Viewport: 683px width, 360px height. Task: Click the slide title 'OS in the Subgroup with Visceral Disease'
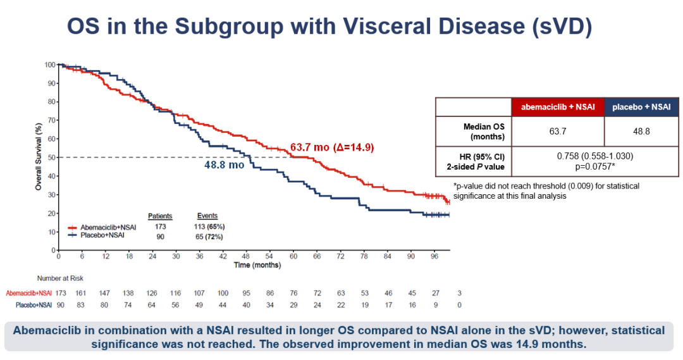[x=329, y=27]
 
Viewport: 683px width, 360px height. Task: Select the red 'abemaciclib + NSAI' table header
[x=557, y=107]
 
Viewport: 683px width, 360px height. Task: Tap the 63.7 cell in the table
[x=557, y=131]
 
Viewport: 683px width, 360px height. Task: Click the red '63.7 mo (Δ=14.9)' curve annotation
[x=332, y=147]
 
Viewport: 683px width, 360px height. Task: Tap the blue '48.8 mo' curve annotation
[x=224, y=164]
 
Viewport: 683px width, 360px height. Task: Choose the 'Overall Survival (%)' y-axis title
[x=39, y=158]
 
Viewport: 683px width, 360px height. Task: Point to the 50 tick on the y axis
[x=50, y=158]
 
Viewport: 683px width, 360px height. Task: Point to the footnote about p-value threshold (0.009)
[x=546, y=191]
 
